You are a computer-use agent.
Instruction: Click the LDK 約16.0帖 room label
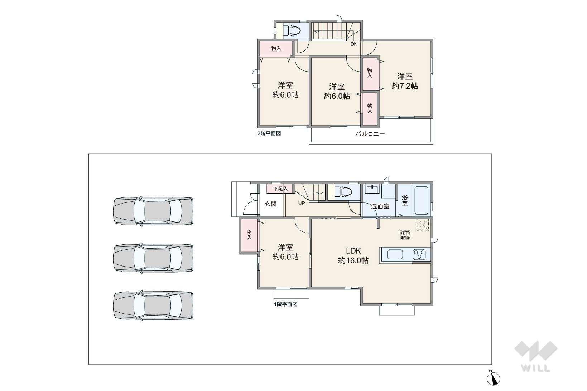(x=353, y=255)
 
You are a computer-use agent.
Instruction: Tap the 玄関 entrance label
(x=270, y=204)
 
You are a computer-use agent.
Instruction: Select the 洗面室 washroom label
(x=380, y=206)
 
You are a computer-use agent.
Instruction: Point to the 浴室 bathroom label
(x=405, y=200)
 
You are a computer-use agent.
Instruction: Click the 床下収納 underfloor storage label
(x=405, y=235)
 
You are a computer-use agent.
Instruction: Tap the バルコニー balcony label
(x=370, y=134)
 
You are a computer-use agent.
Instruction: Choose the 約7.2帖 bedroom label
(x=405, y=82)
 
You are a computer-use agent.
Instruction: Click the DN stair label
(x=354, y=44)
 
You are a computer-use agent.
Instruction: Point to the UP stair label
(x=301, y=203)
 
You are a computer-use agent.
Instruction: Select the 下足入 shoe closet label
(x=280, y=189)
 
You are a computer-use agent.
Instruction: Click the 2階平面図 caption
(x=269, y=133)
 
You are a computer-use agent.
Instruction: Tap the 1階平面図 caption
(x=286, y=304)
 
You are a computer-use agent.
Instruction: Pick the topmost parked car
(x=153, y=211)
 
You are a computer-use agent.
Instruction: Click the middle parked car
(x=153, y=258)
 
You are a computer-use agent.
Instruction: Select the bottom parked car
(x=153, y=306)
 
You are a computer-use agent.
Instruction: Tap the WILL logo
(x=536, y=356)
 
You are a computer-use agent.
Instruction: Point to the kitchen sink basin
(x=395, y=254)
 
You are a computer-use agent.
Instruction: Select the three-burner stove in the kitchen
(x=419, y=254)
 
